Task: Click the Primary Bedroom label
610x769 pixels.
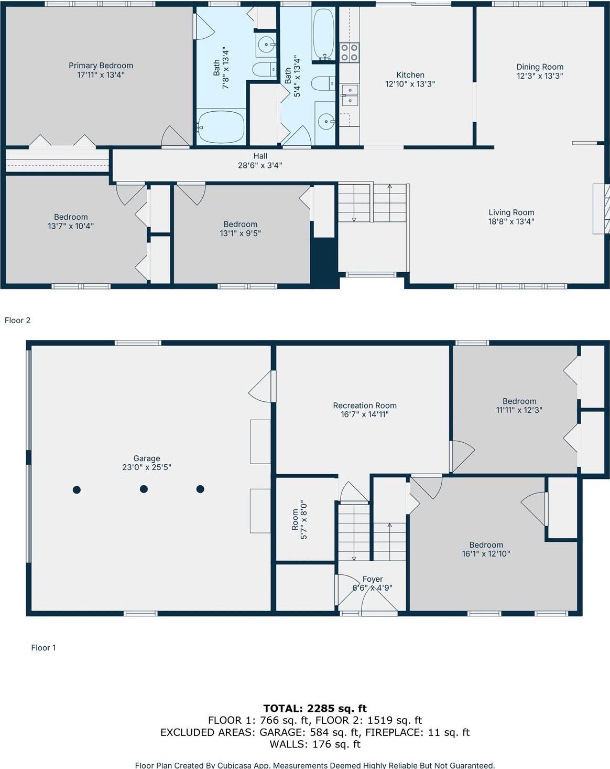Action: point(101,66)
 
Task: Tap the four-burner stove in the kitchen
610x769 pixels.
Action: point(350,52)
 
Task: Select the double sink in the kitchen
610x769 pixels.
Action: point(350,96)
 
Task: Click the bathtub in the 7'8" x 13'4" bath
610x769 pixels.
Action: point(221,126)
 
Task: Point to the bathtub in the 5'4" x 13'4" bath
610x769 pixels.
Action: point(323,34)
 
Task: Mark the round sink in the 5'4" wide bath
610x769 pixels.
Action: point(326,122)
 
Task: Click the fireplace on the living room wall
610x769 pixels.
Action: point(601,208)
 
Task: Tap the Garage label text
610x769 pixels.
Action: point(147,458)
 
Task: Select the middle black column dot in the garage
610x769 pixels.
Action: point(144,489)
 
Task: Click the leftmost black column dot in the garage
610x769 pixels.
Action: point(77,489)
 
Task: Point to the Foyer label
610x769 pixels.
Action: point(373,579)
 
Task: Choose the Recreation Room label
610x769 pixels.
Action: point(365,405)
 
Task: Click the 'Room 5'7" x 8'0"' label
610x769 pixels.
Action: point(299,519)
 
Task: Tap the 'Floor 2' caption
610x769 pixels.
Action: point(18,320)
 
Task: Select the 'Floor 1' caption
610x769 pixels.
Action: point(43,647)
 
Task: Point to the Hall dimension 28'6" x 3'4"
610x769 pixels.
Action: point(260,165)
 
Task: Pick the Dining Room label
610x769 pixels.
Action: point(540,67)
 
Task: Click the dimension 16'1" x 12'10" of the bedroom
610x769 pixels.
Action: point(486,553)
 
